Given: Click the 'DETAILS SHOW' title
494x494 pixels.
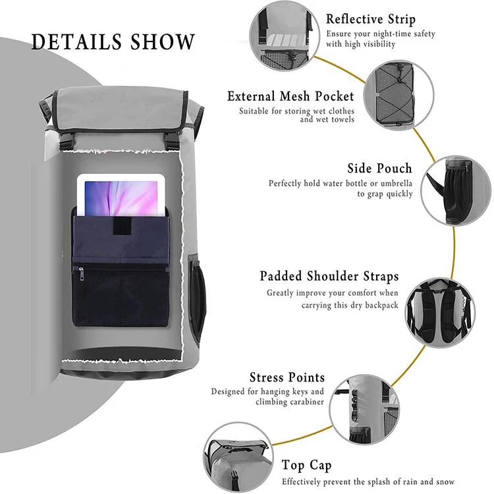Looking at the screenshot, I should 113,42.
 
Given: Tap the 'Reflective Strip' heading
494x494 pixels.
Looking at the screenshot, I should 371,18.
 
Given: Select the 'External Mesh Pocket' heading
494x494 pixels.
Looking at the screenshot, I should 290,96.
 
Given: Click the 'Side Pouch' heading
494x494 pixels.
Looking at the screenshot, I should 379,169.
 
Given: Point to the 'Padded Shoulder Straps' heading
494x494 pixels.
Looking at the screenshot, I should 329,276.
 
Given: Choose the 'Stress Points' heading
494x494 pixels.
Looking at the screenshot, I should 287,377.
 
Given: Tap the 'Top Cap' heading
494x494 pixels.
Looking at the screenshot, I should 306,466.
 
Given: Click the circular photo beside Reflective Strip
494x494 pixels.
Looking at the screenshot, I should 282,33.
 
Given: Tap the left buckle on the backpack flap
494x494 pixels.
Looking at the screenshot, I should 66,140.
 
